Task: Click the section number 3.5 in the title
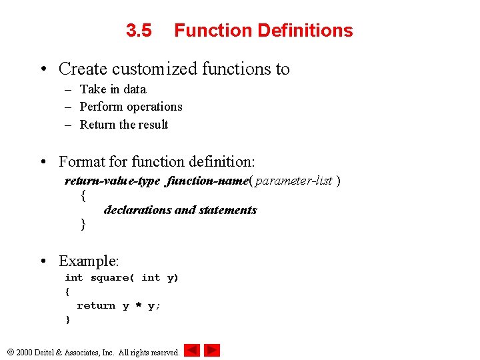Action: (139, 31)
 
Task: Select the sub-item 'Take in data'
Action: (113, 89)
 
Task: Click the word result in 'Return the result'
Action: (153, 125)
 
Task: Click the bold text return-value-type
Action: (113, 181)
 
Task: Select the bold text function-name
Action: (208, 181)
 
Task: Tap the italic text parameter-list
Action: (293, 181)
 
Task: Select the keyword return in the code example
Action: (96, 305)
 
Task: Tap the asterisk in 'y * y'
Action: (139, 305)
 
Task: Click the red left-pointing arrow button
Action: (191, 350)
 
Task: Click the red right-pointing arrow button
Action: (212, 350)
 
